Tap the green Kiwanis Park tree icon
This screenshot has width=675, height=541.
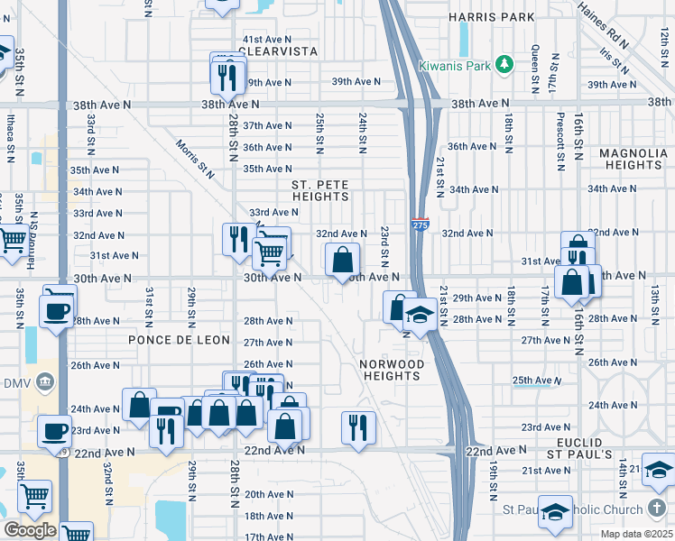[504, 64]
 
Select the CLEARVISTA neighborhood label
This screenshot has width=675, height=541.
[280, 52]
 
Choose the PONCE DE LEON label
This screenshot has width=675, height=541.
[179, 341]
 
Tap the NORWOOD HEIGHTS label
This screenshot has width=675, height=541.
[392, 371]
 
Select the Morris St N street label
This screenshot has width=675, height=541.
[195, 159]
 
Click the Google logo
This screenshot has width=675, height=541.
[30, 530]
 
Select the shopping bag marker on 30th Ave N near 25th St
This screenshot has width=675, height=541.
[343, 261]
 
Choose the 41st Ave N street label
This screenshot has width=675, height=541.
[266, 40]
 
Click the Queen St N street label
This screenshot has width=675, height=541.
[534, 64]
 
